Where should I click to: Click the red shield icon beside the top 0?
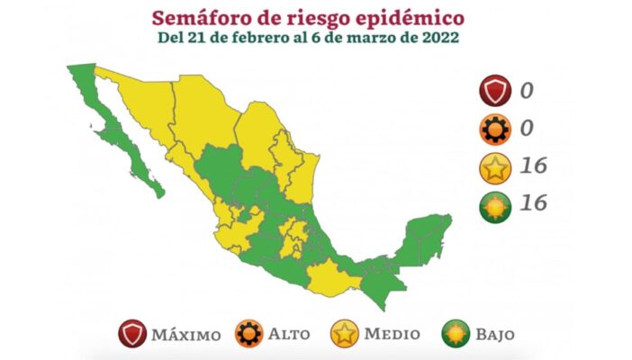click(x=496, y=91)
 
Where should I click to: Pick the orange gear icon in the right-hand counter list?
click(x=496, y=129)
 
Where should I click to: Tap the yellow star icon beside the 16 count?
click(x=496, y=166)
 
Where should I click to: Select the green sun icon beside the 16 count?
click(x=496, y=204)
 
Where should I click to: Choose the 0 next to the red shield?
click(x=528, y=91)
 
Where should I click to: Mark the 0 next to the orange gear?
click(x=528, y=129)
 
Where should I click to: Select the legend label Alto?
click(x=288, y=334)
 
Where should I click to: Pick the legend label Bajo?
click(x=495, y=334)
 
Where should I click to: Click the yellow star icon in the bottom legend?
click(x=344, y=334)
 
